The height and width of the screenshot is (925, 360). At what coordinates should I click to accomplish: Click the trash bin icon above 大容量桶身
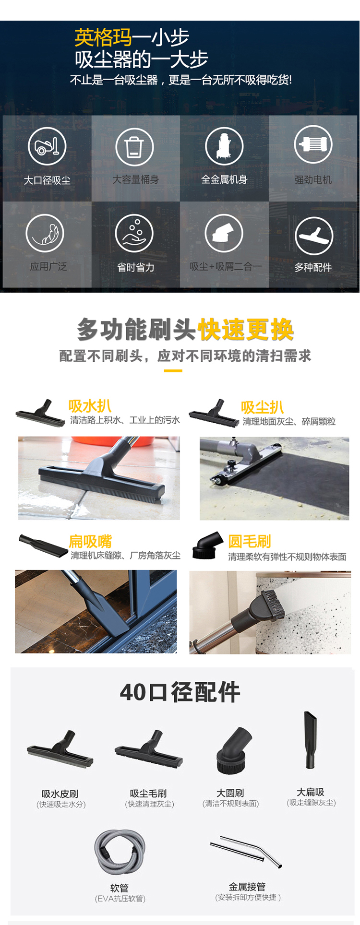(135, 147)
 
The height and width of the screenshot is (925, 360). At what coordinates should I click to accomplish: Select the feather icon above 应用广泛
(45, 233)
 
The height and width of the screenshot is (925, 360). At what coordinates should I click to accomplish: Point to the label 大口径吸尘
(48, 180)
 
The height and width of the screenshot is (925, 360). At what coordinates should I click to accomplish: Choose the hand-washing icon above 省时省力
(134, 233)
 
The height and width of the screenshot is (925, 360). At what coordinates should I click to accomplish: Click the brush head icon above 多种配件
(314, 236)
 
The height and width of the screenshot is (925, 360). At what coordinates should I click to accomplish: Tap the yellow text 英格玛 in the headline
(103, 37)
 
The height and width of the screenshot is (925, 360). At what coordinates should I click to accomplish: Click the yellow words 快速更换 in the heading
(246, 330)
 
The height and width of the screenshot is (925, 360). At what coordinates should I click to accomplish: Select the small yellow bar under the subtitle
(173, 370)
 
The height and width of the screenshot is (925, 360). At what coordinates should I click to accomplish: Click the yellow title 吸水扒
(90, 406)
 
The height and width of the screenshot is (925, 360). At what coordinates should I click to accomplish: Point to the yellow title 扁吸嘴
(90, 542)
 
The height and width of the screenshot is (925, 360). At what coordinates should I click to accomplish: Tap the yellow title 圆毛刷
(250, 541)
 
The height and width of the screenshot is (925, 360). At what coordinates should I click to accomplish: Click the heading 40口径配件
(180, 692)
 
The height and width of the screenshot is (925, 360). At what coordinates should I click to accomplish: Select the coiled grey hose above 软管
(120, 853)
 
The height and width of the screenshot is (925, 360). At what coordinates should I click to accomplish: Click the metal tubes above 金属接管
(246, 852)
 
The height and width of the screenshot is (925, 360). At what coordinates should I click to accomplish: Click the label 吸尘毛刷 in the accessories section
(148, 794)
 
